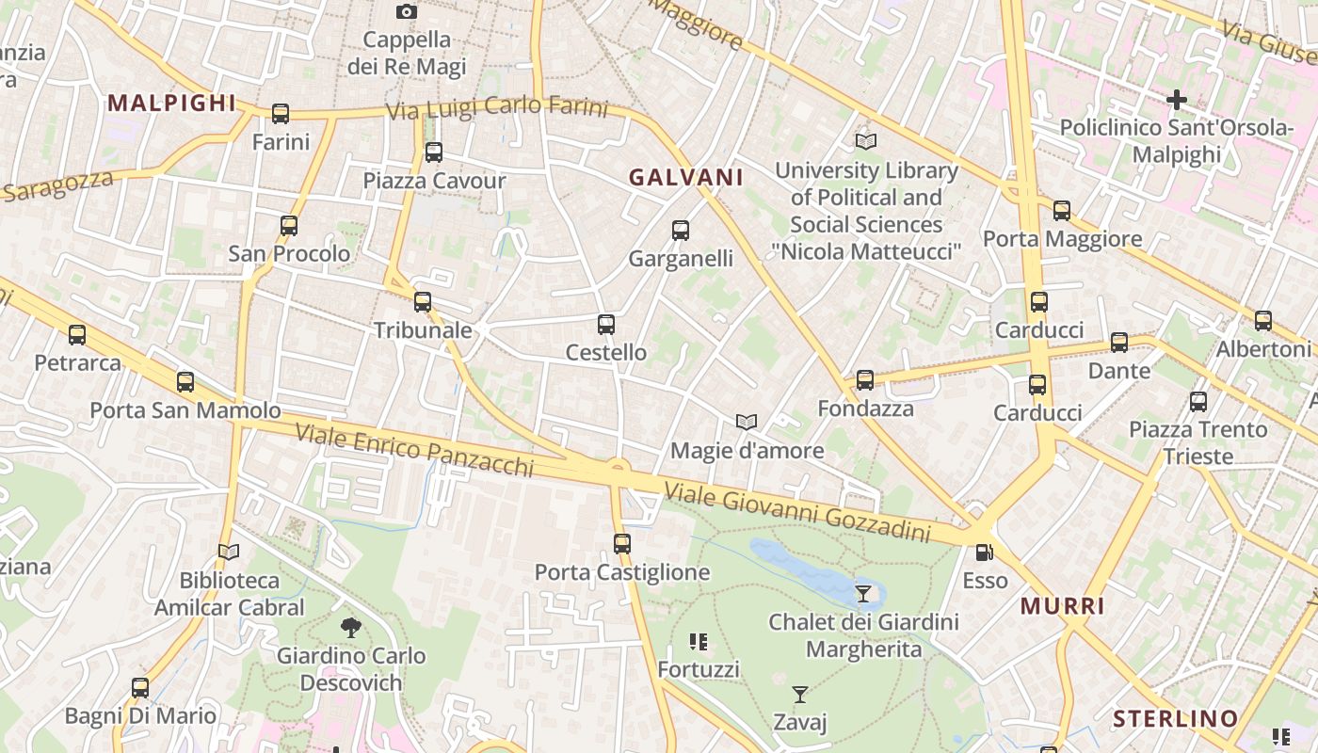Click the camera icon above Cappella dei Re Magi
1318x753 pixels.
406,12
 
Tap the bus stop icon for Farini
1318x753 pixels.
281,114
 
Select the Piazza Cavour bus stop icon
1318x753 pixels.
434,152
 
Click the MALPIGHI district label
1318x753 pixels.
171,104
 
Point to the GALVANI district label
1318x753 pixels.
686,177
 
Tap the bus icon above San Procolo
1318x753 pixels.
289,226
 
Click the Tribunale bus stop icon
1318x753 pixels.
423,302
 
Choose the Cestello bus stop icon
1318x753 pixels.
606,325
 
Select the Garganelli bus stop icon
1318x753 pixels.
681,231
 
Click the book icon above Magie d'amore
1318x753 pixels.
747,423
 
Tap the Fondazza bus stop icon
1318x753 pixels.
865,380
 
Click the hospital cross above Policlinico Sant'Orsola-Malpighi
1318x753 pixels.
1176,99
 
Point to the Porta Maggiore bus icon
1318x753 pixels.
1062,211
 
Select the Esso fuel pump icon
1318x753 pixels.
985,553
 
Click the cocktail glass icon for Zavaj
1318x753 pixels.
800,695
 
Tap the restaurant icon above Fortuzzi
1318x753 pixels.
699,642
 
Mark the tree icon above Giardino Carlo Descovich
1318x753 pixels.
351,627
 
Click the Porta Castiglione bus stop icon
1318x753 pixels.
622,544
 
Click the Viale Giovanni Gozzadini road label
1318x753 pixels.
796,512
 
